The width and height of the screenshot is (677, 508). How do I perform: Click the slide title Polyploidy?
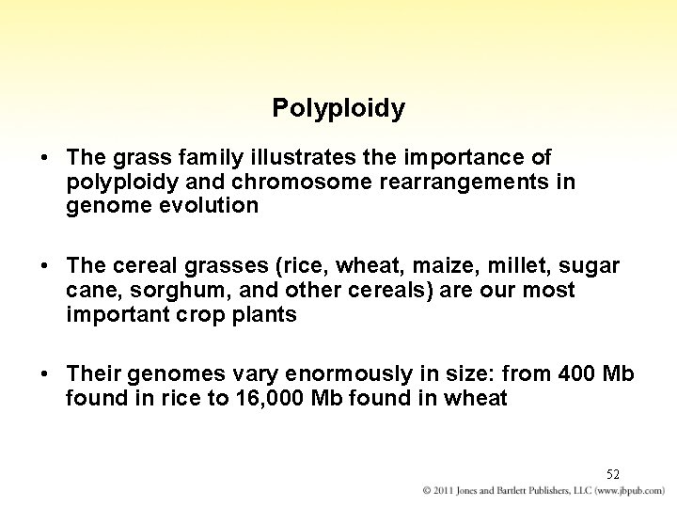(338, 109)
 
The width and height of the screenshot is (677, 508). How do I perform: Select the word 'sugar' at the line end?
(592, 266)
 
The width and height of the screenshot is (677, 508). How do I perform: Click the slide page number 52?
(612, 474)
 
